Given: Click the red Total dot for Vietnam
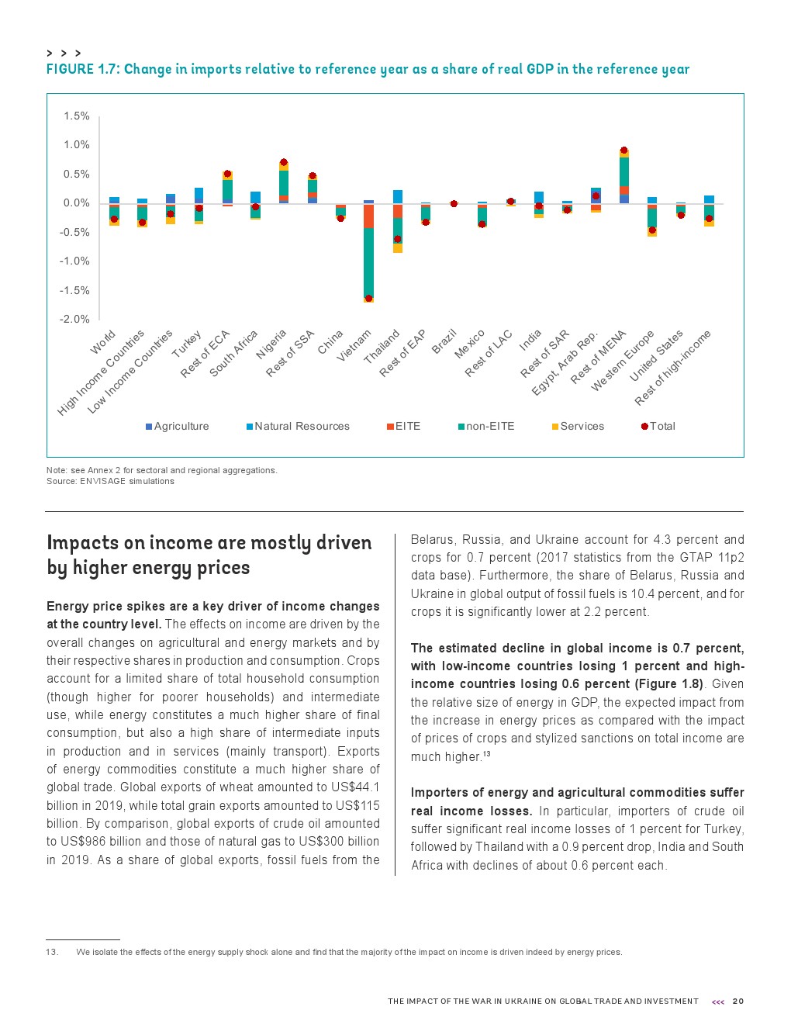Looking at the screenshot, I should point(368,299).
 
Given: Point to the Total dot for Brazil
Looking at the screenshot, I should point(454,204).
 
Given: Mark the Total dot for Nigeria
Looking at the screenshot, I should point(284,162).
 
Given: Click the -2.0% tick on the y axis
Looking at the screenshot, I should point(74,320).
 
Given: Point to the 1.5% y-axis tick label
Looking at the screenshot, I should point(77,116).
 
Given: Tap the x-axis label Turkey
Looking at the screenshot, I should point(187,344).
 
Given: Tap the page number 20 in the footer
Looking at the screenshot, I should point(738,1002).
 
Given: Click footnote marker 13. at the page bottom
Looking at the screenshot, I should point(52,953).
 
